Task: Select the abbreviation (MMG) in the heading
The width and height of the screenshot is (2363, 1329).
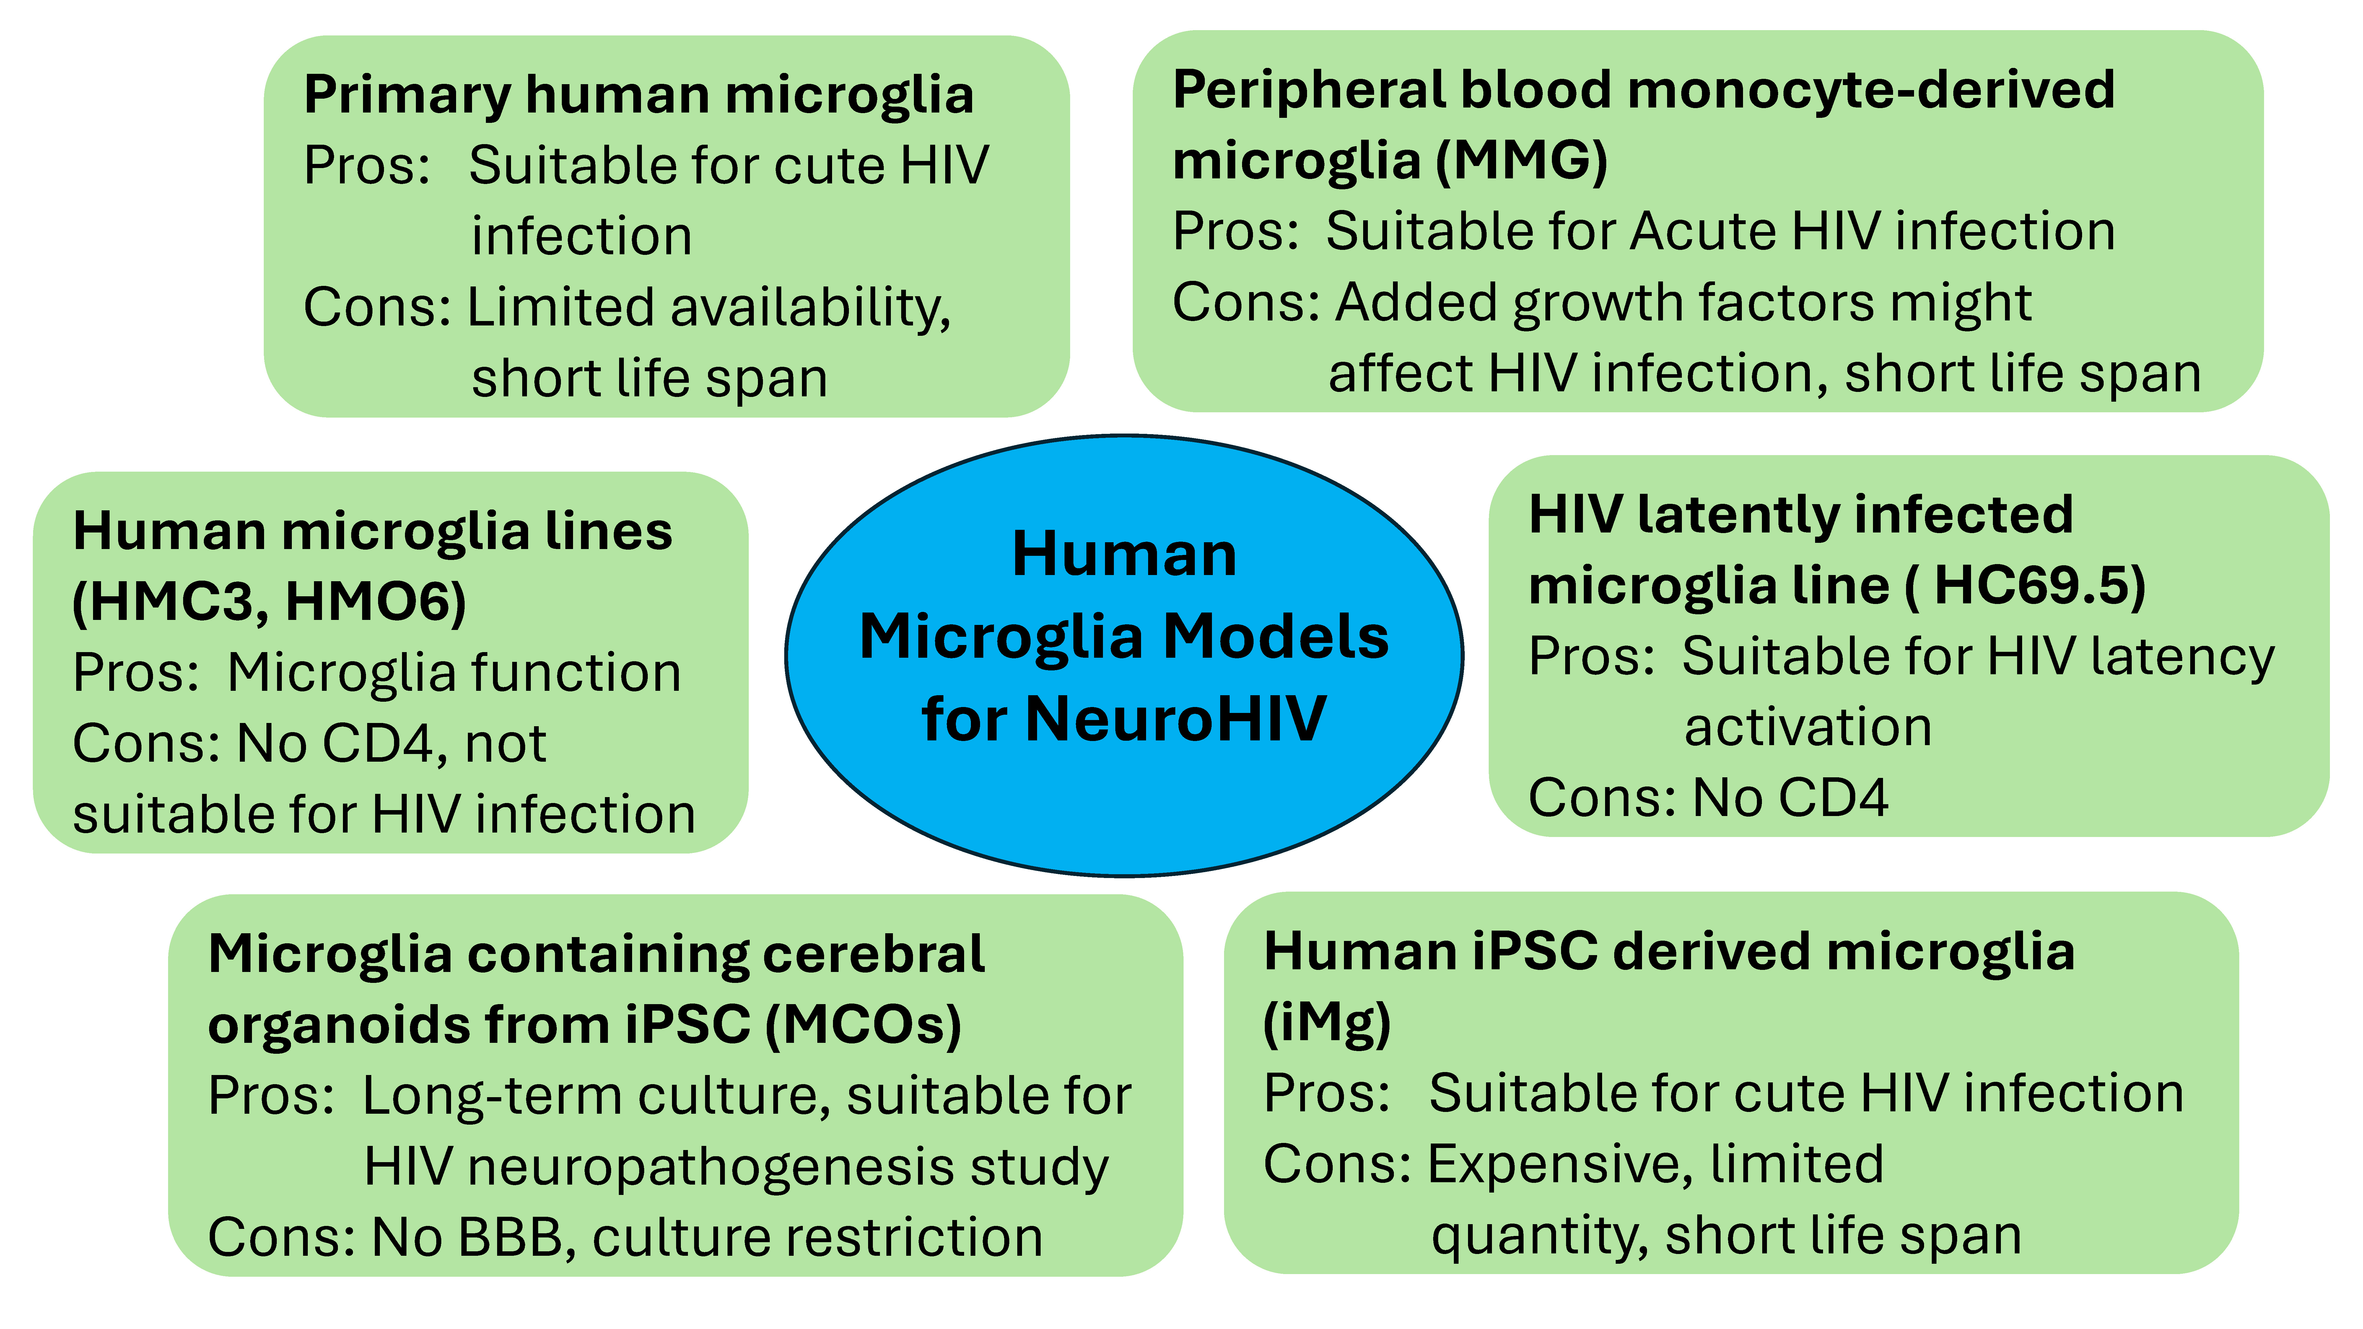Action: pos(1521,162)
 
